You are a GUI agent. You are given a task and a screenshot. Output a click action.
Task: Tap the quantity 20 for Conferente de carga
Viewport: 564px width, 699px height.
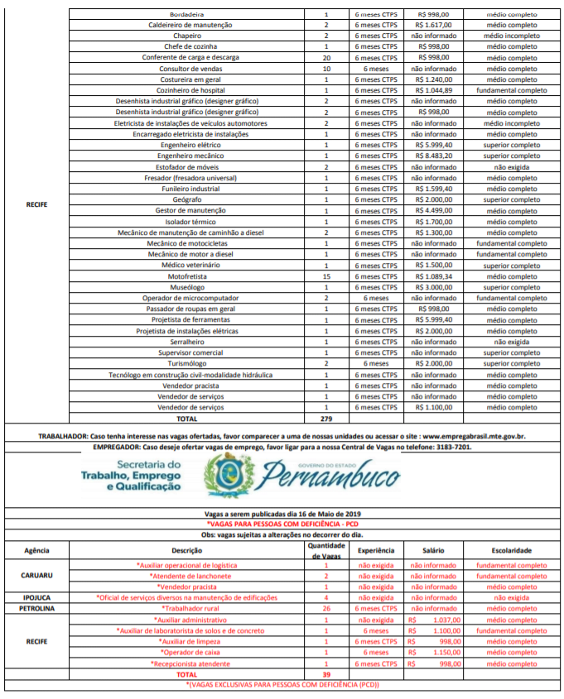coord(325,58)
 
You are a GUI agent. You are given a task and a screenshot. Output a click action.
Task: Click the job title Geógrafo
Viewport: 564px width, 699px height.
coord(186,199)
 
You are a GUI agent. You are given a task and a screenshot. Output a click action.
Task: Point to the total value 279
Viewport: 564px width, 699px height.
coord(325,418)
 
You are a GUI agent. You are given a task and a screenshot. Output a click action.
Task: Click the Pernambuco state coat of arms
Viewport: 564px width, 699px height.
coord(224,477)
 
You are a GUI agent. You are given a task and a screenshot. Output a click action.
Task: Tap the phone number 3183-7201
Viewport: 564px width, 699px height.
coord(454,446)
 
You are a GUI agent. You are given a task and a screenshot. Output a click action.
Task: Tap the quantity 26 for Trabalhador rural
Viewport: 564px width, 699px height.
coord(325,607)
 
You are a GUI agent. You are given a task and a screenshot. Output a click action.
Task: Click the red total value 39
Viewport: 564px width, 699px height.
coord(325,674)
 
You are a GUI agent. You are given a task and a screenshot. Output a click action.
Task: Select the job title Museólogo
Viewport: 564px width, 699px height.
coord(186,286)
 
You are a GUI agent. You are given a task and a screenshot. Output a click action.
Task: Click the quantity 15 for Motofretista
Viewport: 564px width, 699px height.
coord(325,275)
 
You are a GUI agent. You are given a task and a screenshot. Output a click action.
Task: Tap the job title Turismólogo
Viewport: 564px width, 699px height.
coord(186,363)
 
